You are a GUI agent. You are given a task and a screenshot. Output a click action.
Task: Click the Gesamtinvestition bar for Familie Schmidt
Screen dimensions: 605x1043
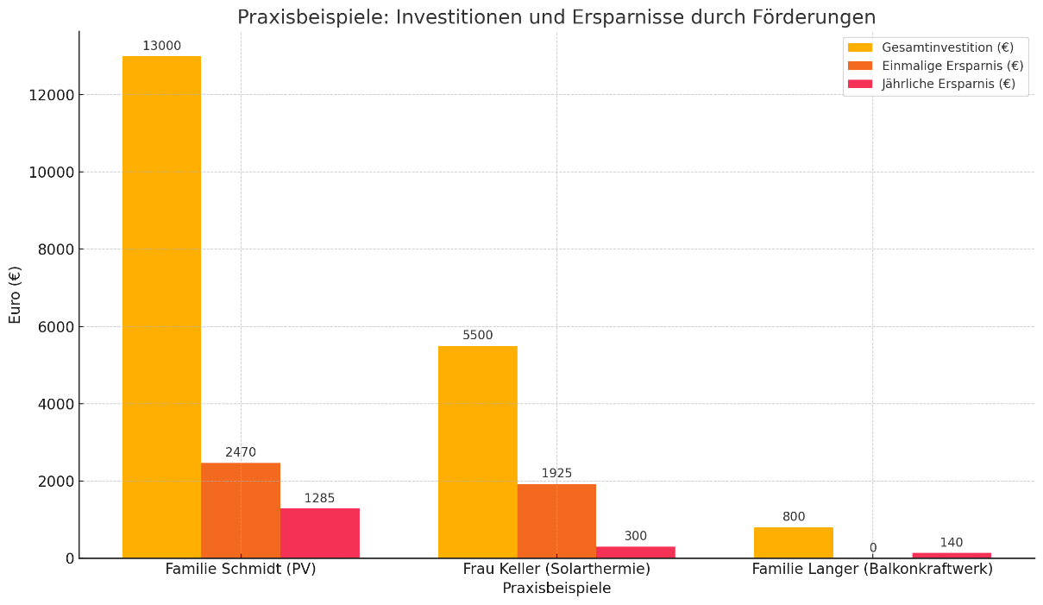click(x=161, y=306)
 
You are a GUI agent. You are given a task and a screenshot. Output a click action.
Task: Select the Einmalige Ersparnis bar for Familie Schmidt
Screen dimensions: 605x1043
click(x=241, y=510)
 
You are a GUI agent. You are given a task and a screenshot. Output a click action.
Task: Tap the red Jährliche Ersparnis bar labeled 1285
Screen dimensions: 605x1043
click(x=319, y=533)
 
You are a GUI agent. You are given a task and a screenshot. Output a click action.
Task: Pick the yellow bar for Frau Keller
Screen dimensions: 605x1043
click(x=477, y=451)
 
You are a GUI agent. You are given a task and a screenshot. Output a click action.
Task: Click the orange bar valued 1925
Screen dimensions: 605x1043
click(x=556, y=520)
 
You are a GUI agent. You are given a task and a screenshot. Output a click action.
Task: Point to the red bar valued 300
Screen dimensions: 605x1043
click(x=635, y=552)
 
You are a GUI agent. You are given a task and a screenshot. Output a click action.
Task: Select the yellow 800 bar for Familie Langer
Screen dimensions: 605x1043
click(x=793, y=543)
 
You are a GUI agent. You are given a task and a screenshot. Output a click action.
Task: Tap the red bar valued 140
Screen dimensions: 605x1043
click(x=952, y=555)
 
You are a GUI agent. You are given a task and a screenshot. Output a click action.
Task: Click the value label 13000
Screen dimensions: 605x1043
click(x=161, y=46)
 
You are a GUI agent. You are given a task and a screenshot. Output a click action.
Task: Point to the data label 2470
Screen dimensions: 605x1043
click(x=241, y=452)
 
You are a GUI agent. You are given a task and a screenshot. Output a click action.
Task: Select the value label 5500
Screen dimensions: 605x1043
click(x=477, y=335)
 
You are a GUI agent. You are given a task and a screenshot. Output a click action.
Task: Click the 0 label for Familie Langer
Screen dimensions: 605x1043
click(x=872, y=548)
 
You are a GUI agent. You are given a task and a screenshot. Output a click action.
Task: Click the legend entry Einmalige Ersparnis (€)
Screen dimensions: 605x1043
click(x=952, y=66)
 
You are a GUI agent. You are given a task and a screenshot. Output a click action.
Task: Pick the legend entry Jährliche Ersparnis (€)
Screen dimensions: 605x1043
click(x=948, y=84)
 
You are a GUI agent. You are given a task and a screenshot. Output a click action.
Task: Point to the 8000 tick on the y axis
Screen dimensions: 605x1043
click(x=54, y=249)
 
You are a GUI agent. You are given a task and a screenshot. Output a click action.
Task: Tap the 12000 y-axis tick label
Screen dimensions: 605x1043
click(x=51, y=95)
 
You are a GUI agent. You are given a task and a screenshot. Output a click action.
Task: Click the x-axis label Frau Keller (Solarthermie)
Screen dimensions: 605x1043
click(x=556, y=570)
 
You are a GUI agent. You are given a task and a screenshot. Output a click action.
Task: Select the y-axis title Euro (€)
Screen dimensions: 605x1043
click(x=16, y=294)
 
